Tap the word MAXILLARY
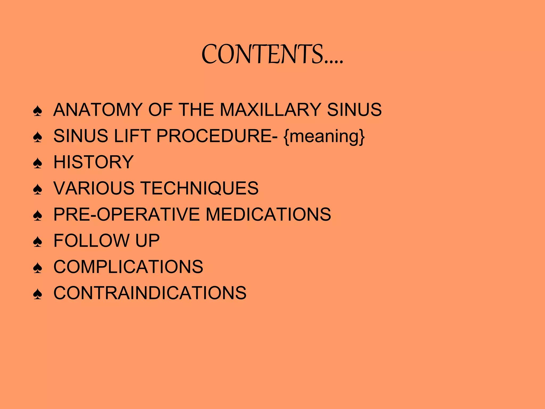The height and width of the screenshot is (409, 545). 270,110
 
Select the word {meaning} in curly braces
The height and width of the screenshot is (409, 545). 324,136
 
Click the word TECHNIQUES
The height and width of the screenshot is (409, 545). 199,188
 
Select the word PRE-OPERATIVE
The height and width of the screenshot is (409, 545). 126,214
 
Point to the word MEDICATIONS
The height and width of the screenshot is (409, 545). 268,214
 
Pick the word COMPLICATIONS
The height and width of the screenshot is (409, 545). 128,267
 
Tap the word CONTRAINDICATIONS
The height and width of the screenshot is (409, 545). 150,293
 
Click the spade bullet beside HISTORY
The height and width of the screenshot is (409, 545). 38,163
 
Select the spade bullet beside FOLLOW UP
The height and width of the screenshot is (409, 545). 38,242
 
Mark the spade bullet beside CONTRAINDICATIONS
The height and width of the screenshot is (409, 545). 38,294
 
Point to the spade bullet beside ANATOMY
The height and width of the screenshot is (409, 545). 38,111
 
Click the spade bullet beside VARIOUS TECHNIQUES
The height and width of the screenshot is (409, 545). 38,189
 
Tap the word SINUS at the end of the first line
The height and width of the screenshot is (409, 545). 354,110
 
